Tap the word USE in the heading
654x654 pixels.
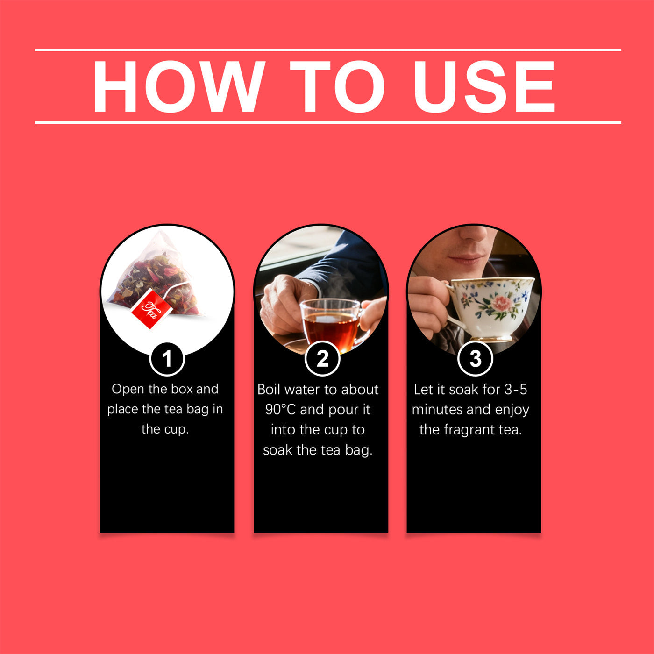point(484,87)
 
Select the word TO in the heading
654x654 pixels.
point(337,87)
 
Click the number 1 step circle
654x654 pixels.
point(167,359)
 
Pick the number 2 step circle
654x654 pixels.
point(322,359)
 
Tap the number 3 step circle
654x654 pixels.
point(475,359)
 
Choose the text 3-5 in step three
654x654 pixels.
point(516,390)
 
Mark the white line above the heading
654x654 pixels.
point(328,50)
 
